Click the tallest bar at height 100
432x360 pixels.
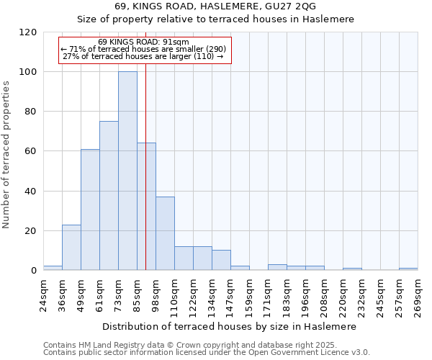[x=127, y=171]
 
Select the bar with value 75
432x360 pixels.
[x=109, y=196]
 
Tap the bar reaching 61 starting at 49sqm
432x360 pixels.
[x=90, y=210]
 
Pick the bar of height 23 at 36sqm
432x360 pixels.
[x=71, y=248]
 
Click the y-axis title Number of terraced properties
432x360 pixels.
[x=7, y=155]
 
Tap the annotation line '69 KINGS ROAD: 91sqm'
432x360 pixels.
[x=143, y=42]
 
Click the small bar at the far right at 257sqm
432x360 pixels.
[x=408, y=269]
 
